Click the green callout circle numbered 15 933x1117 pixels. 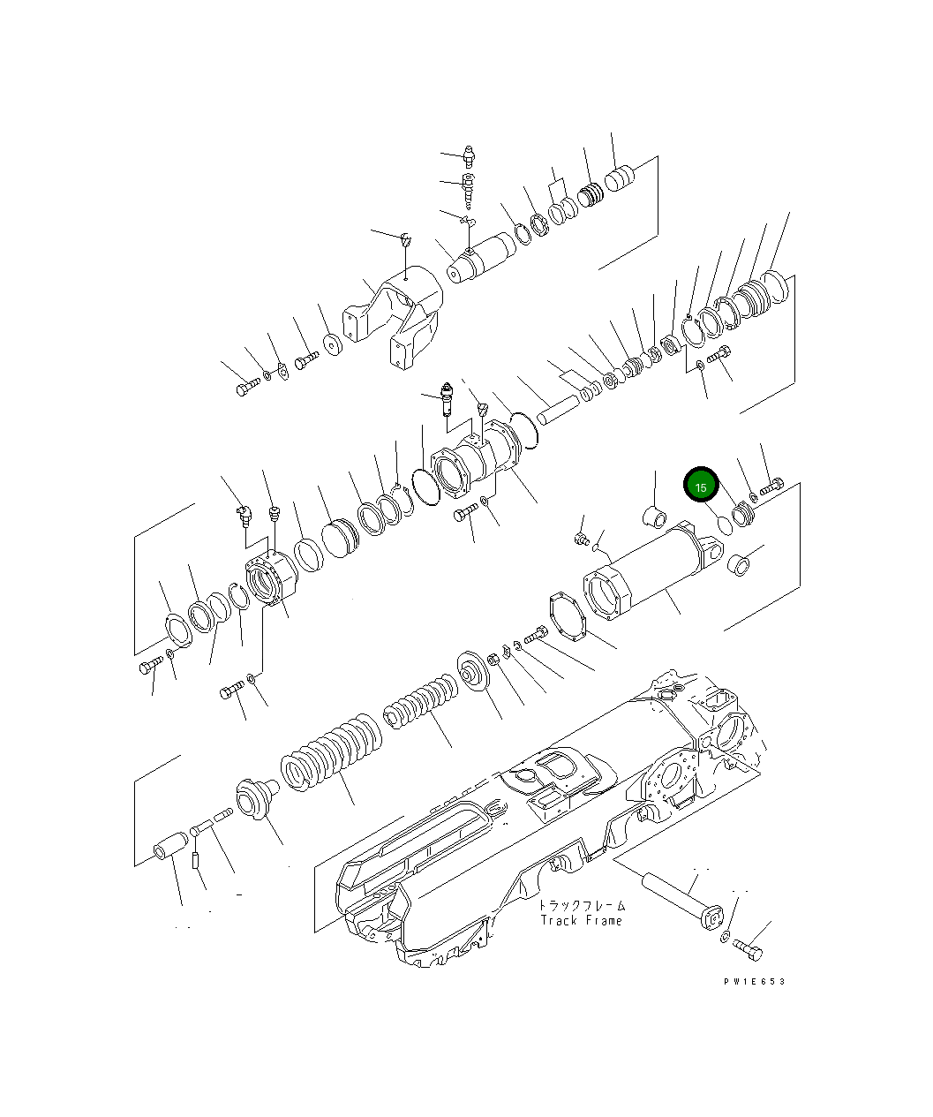(701, 487)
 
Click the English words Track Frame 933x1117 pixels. (581, 920)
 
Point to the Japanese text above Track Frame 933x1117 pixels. (582, 905)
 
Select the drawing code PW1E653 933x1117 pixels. (753, 981)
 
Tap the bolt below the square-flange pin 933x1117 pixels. (749, 950)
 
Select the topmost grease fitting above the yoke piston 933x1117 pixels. (469, 159)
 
